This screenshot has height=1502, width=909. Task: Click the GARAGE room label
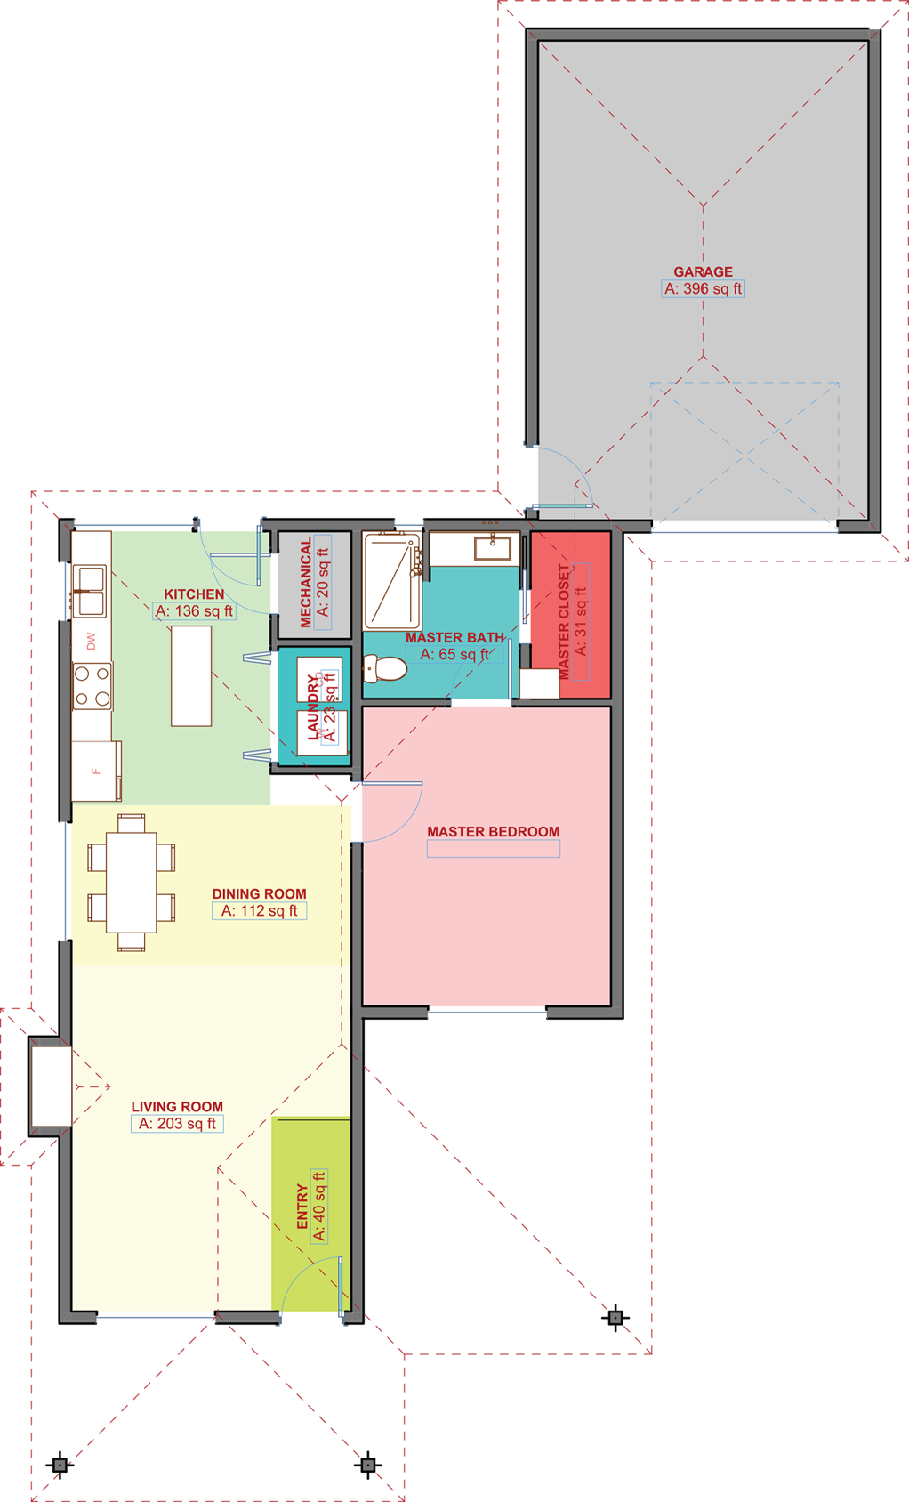point(703,271)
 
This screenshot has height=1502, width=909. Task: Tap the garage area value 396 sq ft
point(703,288)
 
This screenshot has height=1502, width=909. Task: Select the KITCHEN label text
point(194,594)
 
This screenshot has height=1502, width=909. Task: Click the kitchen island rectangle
point(191,675)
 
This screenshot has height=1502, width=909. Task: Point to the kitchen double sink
point(90,592)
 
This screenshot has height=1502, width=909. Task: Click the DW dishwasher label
point(91,642)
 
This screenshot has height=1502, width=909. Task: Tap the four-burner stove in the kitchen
point(93,686)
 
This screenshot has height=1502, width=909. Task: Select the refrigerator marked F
point(96,771)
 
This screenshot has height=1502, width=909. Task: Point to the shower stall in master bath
point(391,580)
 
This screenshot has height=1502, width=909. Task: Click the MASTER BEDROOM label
point(493,831)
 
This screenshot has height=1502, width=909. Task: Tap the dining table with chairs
point(131,882)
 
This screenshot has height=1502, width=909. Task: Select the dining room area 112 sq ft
point(259,910)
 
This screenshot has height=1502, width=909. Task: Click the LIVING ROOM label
point(177,1106)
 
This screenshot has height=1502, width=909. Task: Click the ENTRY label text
point(302,1206)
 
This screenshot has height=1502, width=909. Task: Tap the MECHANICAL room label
point(306,583)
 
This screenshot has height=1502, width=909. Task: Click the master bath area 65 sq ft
point(454,654)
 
